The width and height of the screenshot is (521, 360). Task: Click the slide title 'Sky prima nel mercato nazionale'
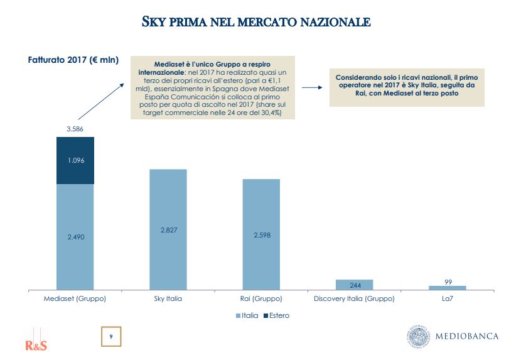(x=256, y=23)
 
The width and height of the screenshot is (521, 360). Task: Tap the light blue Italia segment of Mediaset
(x=75, y=237)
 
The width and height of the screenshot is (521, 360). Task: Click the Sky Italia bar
(x=168, y=229)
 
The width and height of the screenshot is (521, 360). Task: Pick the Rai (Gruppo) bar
(x=261, y=234)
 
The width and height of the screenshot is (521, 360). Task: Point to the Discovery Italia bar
(x=354, y=285)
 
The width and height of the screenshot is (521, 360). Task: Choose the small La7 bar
(x=448, y=288)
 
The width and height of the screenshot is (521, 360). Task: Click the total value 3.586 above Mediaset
(x=75, y=129)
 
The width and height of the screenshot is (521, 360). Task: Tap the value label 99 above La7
(x=448, y=281)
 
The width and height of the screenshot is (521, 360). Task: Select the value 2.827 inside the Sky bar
(x=168, y=231)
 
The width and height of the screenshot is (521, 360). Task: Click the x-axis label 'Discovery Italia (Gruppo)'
(x=354, y=299)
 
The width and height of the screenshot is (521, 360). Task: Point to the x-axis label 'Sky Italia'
(x=168, y=299)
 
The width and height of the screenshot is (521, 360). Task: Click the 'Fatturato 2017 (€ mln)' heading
(x=73, y=60)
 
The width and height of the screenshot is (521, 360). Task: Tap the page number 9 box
(x=111, y=337)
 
